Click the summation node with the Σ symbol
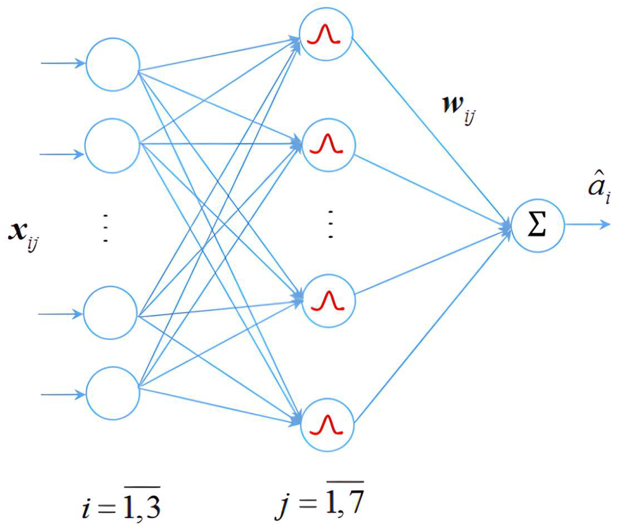[x=537, y=226]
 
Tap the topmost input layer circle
[x=113, y=64]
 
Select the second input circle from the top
[x=112, y=146]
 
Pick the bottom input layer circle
[x=113, y=393]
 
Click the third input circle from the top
[x=110, y=313]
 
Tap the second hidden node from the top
[x=328, y=145]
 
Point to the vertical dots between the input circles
[x=105, y=228]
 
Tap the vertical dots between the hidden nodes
[x=330, y=224]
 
